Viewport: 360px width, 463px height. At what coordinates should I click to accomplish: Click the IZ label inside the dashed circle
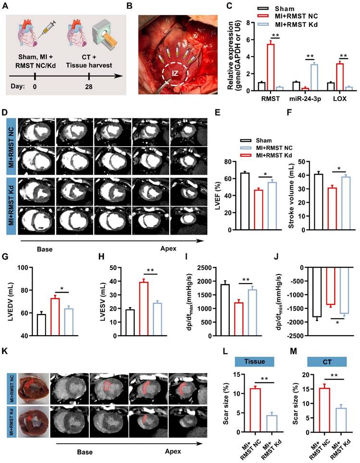pos(176,75)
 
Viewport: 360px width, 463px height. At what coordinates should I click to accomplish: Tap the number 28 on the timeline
pos(89,87)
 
